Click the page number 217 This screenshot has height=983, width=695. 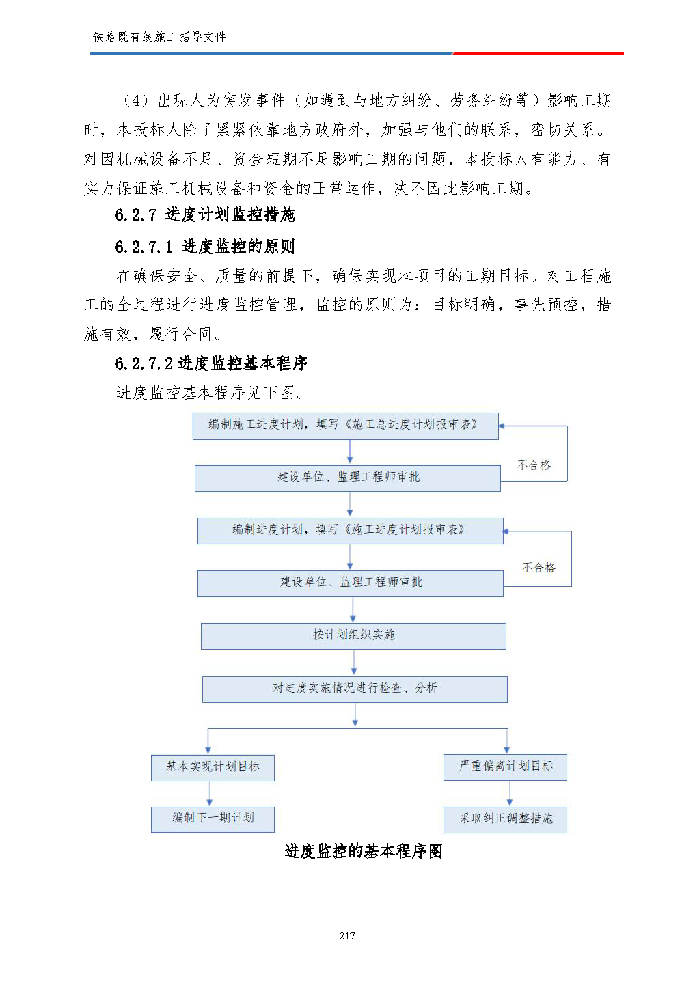(x=347, y=936)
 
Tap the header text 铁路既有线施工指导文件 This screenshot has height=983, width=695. (x=159, y=37)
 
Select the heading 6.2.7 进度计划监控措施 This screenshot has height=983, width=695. (x=205, y=215)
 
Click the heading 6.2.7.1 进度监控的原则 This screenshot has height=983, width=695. (x=205, y=247)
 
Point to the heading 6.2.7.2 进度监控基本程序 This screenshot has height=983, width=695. (x=211, y=363)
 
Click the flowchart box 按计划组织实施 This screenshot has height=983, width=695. (x=353, y=636)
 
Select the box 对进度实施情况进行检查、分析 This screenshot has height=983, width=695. (x=355, y=689)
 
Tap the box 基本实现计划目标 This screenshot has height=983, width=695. (x=213, y=768)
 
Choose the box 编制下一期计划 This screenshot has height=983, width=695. (x=213, y=819)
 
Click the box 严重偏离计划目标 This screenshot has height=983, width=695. (x=505, y=767)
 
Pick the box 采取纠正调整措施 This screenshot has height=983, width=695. (x=505, y=819)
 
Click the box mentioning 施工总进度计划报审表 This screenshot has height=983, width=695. (x=345, y=426)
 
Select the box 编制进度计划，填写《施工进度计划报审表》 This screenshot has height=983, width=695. (x=350, y=531)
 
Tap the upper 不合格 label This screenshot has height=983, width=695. (x=534, y=465)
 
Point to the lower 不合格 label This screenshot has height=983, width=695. (x=539, y=568)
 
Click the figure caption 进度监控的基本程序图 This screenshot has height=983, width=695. (x=363, y=851)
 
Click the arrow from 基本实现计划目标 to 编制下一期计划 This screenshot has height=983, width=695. (x=209, y=794)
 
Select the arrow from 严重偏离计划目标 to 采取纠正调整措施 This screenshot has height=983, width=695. (x=509, y=793)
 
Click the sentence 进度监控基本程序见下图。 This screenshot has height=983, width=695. (x=210, y=393)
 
